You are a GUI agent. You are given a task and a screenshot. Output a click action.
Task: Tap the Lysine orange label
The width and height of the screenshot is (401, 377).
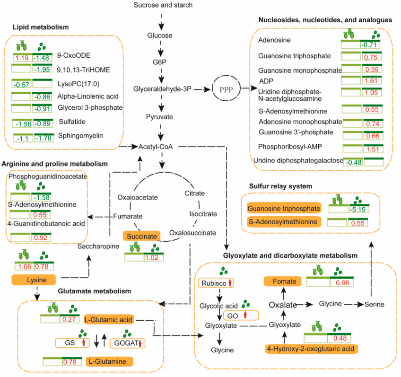coord(34,281)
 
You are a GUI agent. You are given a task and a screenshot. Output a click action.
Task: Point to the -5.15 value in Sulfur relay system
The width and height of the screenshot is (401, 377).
coord(358,209)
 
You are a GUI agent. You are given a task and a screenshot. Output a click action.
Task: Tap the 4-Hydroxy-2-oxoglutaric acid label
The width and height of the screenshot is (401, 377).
coord(311,349)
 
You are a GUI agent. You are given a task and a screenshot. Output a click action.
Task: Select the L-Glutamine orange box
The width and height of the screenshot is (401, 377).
coord(109,362)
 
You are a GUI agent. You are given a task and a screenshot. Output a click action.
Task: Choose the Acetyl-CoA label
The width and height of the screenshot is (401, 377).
coord(156,147)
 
